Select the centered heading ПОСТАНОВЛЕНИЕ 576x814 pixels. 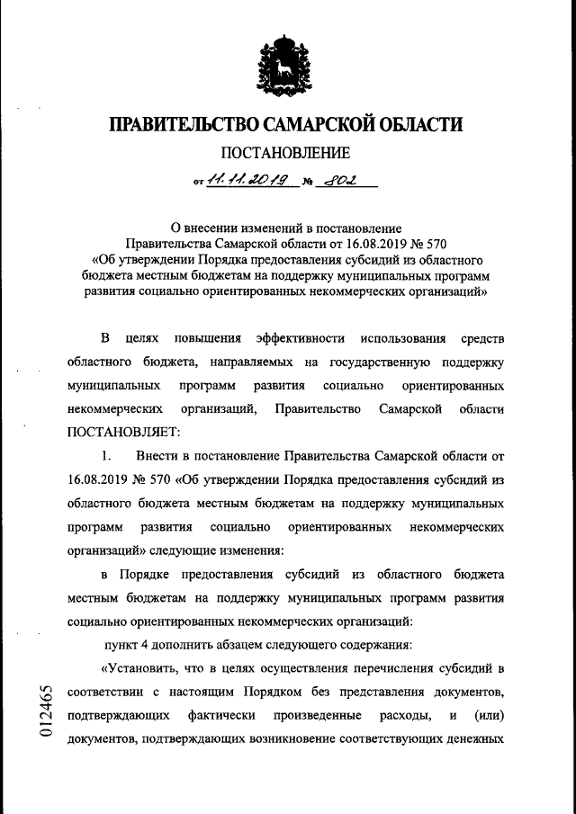(285, 154)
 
